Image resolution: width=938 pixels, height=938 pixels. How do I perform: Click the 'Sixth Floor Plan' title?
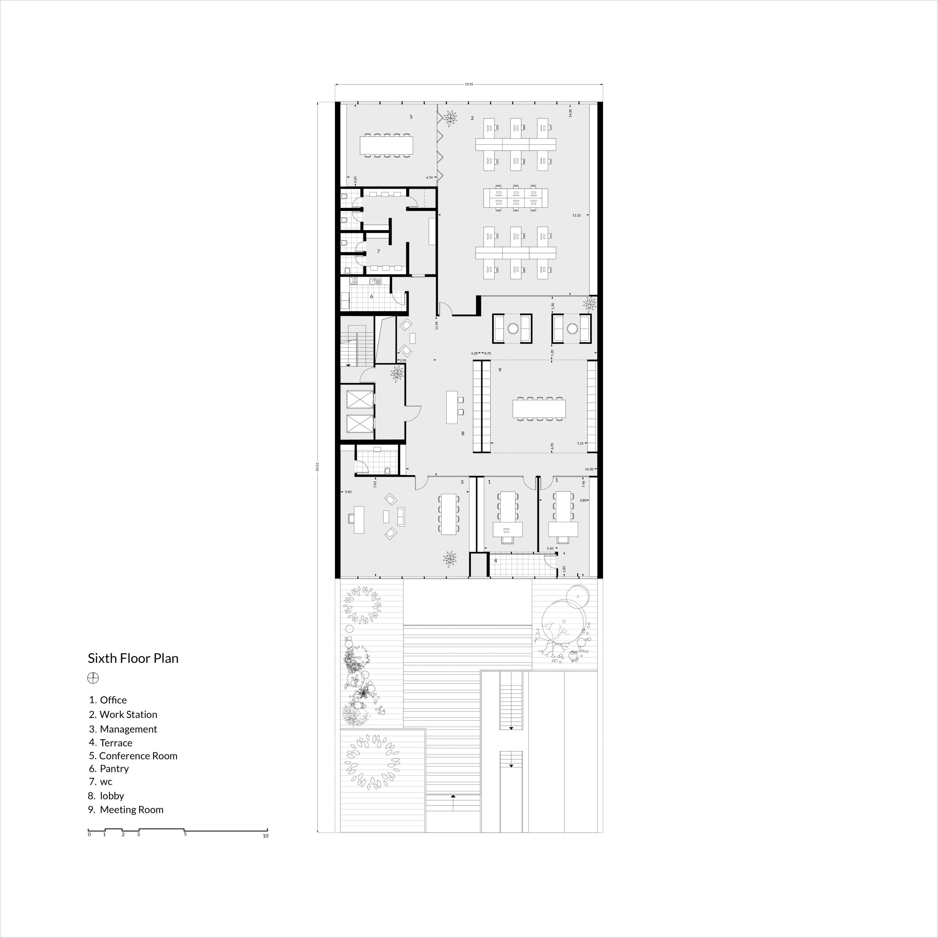click(x=133, y=658)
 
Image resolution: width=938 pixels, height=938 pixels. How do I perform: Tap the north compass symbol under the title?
click(x=93, y=678)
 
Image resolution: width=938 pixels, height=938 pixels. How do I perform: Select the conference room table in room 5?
click(x=386, y=145)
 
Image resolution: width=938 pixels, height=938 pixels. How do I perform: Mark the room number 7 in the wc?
click(x=378, y=251)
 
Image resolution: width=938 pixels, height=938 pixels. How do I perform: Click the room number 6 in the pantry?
click(x=372, y=296)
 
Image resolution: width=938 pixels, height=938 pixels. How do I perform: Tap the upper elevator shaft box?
click(x=359, y=399)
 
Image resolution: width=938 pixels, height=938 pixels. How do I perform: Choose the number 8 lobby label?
click(x=463, y=433)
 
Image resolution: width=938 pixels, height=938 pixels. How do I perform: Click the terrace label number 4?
click(x=495, y=561)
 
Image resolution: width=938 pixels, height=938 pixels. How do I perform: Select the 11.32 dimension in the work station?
click(x=576, y=215)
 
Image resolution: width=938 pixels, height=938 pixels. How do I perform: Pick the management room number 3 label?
click(x=462, y=482)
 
